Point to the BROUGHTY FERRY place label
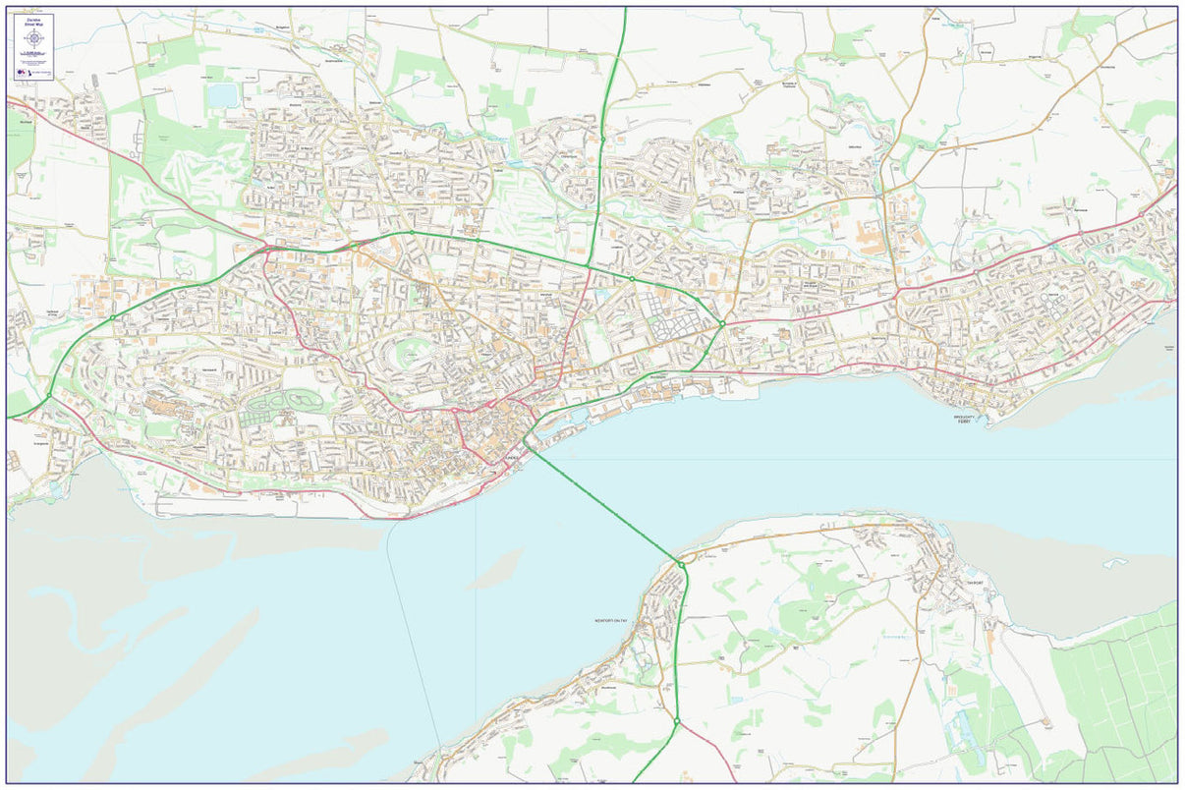(964, 419)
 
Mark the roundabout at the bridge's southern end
(680, 564)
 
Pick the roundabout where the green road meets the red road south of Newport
(677, 722)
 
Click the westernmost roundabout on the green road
(49, 396)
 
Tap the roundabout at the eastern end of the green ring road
(721, 323)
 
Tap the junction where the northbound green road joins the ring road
(588, 265)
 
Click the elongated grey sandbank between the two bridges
(496, 570)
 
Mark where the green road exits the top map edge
(625, 10)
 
